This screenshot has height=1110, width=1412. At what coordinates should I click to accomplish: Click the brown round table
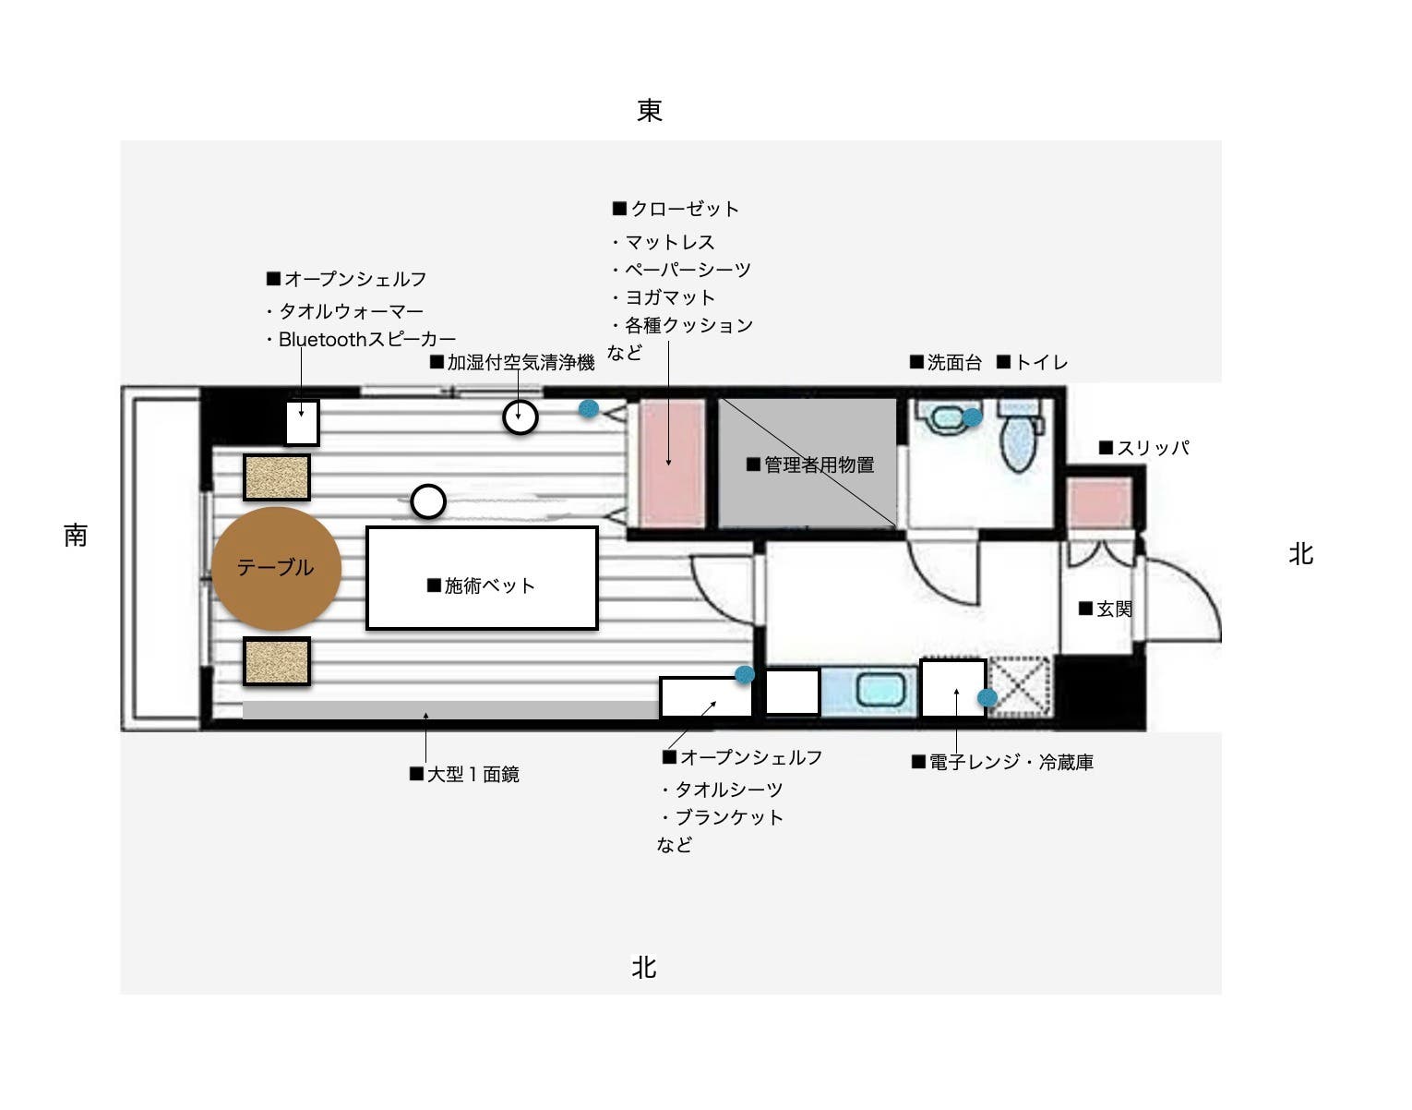(x=276, y=568)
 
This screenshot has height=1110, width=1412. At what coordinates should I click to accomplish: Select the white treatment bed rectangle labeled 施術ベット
(x=482, y=579)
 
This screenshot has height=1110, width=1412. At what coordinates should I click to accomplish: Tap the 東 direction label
(x=650, y=111)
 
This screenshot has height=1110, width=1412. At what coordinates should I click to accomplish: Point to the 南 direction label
(x=76, y=535)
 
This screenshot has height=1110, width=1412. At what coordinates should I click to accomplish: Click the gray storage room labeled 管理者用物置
(x=808, y=464)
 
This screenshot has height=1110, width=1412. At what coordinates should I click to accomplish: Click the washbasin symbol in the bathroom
(x=945, y=418)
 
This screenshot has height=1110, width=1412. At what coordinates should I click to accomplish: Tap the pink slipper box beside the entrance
(x=1100, y=503)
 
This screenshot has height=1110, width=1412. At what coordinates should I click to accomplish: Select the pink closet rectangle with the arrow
(x=671, y=464)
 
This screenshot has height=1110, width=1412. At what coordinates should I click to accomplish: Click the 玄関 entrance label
(x=1106, y=609)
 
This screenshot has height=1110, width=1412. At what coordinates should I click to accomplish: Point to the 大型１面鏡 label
(x=465, y=775)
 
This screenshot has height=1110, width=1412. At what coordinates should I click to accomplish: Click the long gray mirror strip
(x=449, y=709)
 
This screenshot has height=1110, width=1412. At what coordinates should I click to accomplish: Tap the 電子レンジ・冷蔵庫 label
(x=1002, y=763)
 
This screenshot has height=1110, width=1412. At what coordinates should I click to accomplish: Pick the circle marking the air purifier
(x=521, y=417)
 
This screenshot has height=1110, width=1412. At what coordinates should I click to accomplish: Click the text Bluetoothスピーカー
(x=366, y=340)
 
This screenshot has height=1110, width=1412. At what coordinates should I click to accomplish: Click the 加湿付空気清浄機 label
(x=513, y=363)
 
